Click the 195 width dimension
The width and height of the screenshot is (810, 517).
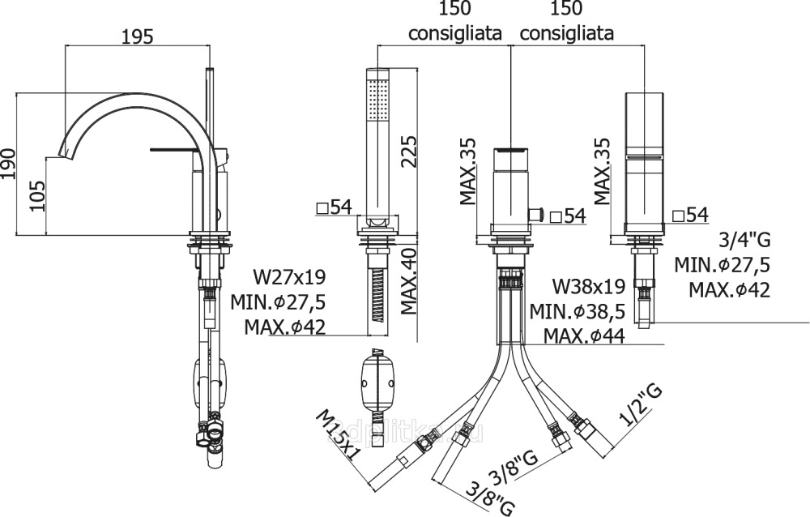point(138,36)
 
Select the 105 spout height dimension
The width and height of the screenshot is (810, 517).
point(36,195)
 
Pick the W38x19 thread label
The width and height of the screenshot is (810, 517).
point(588,286)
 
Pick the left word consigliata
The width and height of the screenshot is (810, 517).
point(454,34)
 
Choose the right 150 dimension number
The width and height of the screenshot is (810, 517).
point(565,10)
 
